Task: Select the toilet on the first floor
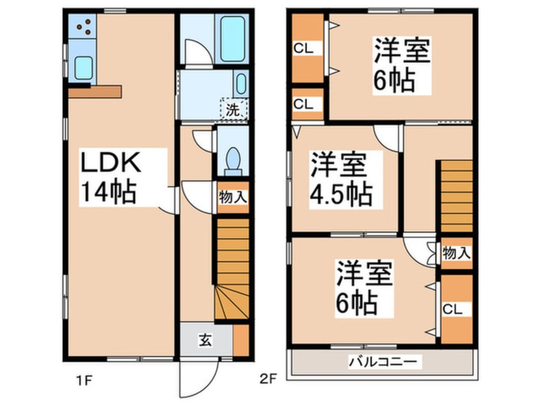[233, 160]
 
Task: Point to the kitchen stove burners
[82, 26]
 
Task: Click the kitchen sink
[82, 67]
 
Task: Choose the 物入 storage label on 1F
[233, 197]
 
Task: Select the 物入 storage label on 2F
[457, 253]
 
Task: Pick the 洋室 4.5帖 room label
[341, 179]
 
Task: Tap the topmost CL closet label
[303, 47]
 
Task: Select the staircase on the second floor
[457, 196]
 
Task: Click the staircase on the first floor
[231, 269]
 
